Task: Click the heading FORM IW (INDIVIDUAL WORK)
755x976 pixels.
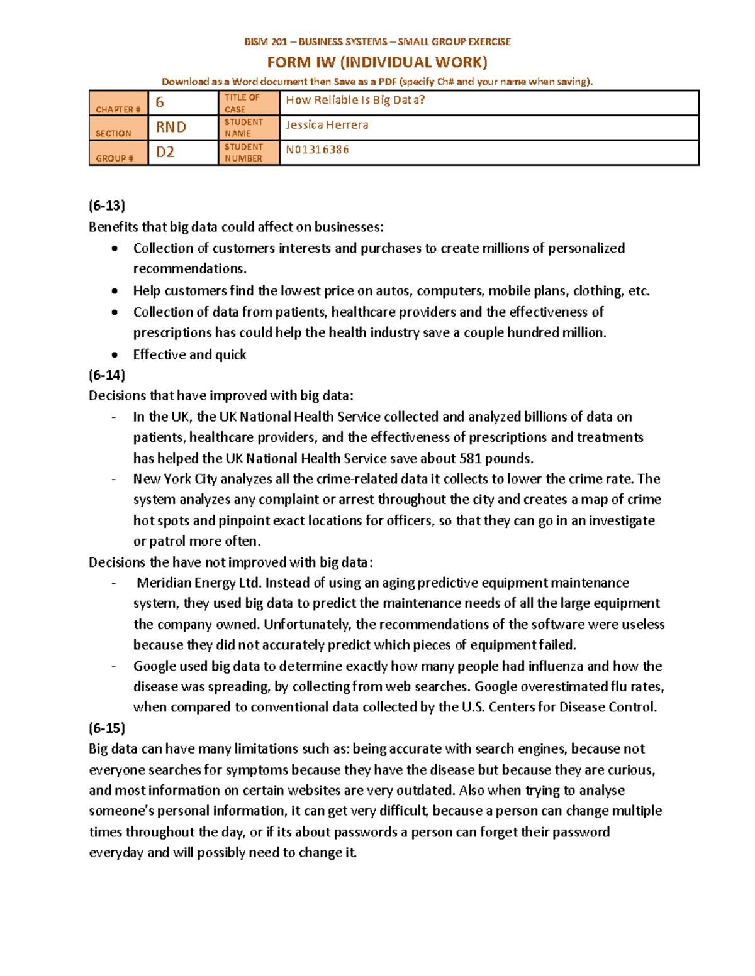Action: click(x=377, y=62)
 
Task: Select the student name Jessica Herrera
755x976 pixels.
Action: click(x=327, y=125)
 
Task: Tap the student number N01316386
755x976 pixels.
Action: click(x=317, y=150)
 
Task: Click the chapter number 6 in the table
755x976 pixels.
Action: click(x=160, y=102)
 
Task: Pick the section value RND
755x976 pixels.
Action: click(x=171, y=127)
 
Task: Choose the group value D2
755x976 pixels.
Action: click(x=165, y=152)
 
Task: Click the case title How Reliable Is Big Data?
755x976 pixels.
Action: click(x=355, y=100)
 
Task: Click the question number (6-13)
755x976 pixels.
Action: click(x=107, y=206)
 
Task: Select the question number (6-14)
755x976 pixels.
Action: click(x=107, y=375)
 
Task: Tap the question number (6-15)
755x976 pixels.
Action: click(x=107, y=728)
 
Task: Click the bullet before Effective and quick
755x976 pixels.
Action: click(x=115, y=355)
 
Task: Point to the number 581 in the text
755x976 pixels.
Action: click(x=471, y=458)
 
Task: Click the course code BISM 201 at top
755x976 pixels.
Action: click(x=266, y=42)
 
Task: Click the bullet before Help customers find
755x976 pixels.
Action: click(x=115, y=291)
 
